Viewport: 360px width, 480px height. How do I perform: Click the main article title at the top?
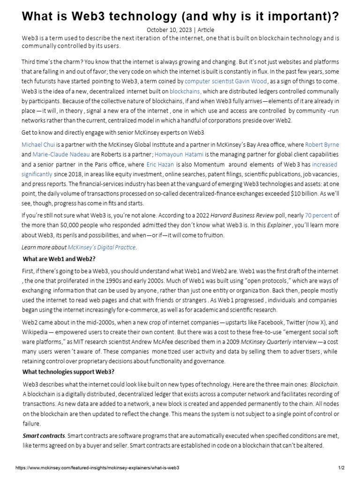click(180, 16)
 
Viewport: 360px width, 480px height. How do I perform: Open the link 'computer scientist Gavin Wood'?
click(225, 81)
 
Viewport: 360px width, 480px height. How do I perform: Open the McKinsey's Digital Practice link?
click(102, 247)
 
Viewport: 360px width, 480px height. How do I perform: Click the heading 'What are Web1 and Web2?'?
click(59, 259)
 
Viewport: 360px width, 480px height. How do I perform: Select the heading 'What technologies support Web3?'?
click(68, 372)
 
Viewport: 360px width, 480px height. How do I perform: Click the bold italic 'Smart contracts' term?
click(45, 436)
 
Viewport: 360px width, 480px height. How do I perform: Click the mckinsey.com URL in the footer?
click(97, 468)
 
